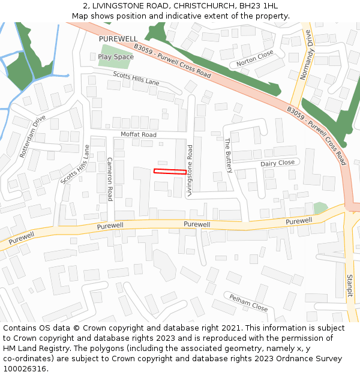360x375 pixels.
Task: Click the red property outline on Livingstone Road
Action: pos(170,172)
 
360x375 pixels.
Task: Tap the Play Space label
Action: pos(115,57)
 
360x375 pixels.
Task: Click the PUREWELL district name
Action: pos(118,38)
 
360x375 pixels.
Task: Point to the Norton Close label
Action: pos(254,58)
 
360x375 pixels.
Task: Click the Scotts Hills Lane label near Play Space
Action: pos(136,77)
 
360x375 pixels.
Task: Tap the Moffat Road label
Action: pos(138,135)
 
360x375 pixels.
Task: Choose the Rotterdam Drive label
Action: pos(32,136)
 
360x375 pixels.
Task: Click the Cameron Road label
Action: pos(110,179)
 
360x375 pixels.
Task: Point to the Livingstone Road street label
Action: pos(190,170)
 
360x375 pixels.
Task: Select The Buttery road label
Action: pos(228,155)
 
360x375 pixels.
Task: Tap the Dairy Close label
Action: pos(277,163)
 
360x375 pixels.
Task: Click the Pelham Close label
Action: pos(248,301)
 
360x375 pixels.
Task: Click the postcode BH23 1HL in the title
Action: pos(259,6)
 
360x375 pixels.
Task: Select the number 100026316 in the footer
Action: pos(25,368)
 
